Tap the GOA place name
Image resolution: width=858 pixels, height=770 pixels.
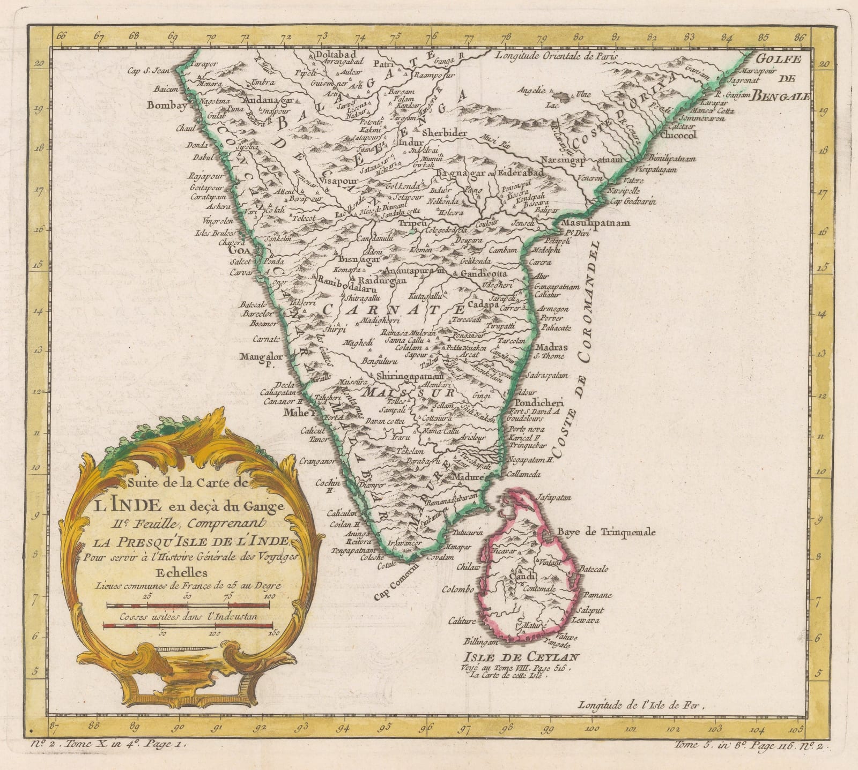click(239, 250)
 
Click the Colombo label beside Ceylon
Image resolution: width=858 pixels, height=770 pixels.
click(457, 590)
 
